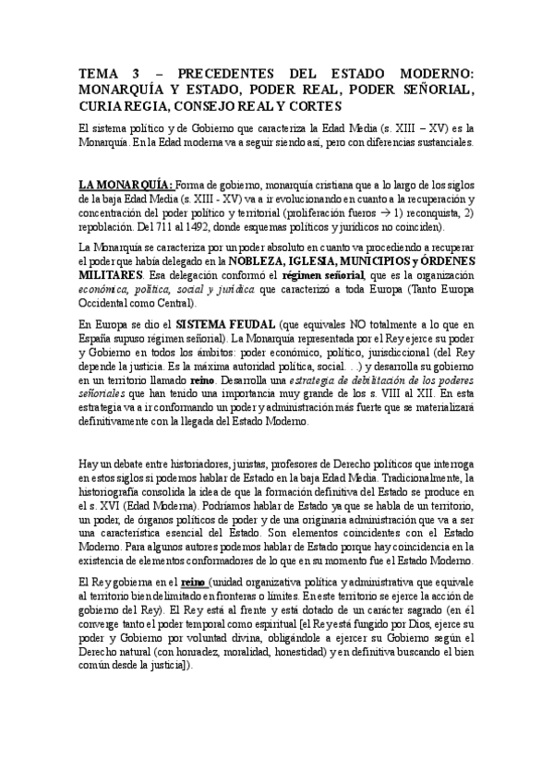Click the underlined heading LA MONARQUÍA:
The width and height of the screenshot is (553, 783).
126,185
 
